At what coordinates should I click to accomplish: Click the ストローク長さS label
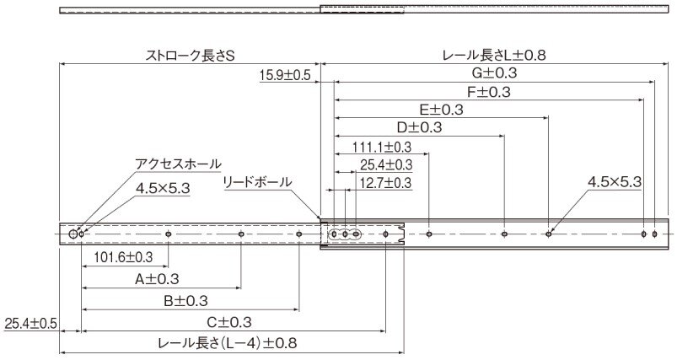pos(190,56)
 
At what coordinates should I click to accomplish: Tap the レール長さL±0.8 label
pos(494,56)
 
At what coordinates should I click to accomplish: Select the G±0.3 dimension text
pos(494,73)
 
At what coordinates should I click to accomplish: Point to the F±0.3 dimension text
pos(489,92)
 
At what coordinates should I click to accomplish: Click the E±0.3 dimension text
pos(441,110)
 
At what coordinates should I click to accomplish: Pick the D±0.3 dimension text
pos(419,128)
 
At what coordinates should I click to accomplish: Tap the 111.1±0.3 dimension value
pos(382,148)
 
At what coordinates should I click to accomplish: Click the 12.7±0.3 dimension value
pos(385,183)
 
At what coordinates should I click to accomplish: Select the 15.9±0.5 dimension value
pos(285,75)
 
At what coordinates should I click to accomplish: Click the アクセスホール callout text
pos(178,164)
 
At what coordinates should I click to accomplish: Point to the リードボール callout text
pos(257,182)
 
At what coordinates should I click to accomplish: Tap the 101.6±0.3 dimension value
pos(123,257)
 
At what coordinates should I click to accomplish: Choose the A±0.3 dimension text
pos(157,279)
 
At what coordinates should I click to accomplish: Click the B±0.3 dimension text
pos(185,301)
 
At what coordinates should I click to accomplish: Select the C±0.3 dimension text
pos(228,322)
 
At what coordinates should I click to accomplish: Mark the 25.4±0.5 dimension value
pos(30,324)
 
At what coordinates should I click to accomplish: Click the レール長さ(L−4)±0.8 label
pos(228,344)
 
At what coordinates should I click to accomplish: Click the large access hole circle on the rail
pos(73,234)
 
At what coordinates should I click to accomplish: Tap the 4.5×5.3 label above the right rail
pos(615,182)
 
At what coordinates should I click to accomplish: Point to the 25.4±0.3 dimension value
pos(386,165)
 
